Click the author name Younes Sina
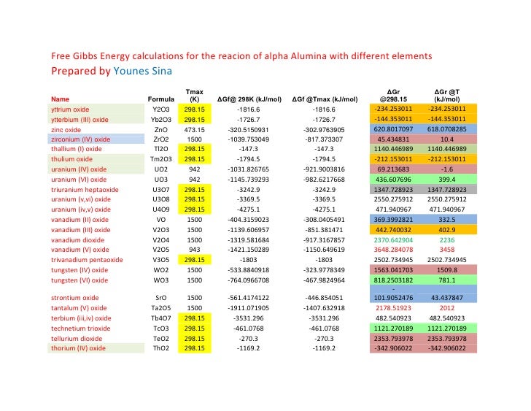click(x=143, y=72)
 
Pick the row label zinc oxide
click(x=66, y=128)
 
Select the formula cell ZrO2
click(x=161, y=138)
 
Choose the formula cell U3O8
click(x=161, y=199)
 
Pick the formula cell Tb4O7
click(x=161, y=318)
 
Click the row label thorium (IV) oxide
click(x=78, y=348)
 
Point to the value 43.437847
click(x=449, y=298)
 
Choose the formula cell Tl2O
click(x=161, y=148)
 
